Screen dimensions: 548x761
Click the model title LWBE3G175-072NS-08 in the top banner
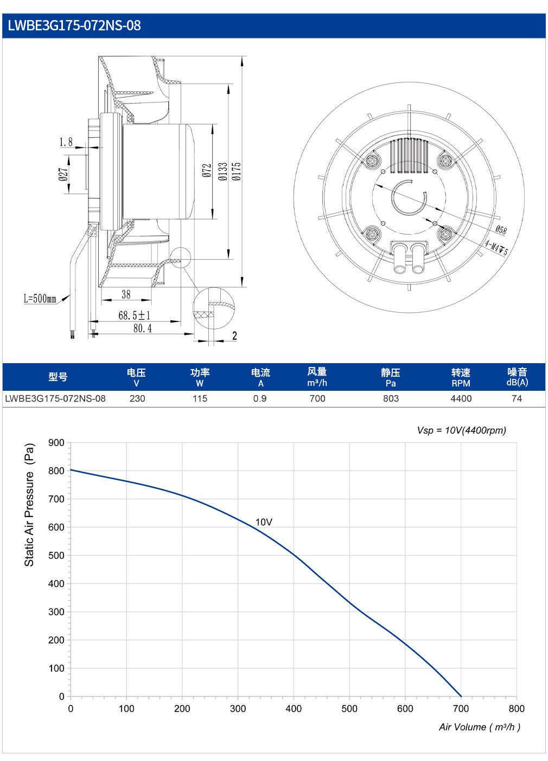(x=74, y=26)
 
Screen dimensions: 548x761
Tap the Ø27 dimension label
(x=63, y=174)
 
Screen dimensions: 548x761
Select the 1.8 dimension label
(x=66, y=142)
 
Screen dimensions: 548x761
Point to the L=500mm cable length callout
(x=40, y=299)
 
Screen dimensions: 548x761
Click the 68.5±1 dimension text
(x=134, y=315)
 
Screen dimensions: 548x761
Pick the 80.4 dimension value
(x=143, y=328)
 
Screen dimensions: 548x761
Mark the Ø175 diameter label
(x=236, y=171)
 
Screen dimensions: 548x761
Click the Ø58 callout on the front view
(x=501, y=230)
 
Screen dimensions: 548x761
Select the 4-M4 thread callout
(x=496, y=248)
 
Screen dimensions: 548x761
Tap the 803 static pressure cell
(x=391, y=398)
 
